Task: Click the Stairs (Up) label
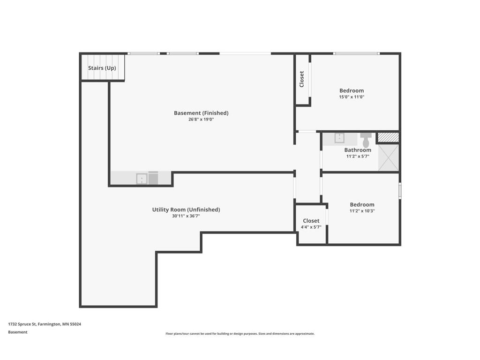[102, 68]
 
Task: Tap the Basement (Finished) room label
[201, 113]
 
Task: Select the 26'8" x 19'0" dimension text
[201, 120]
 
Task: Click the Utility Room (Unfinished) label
[186, 210]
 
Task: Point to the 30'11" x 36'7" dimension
[186, 216]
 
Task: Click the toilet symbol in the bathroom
[366, 139]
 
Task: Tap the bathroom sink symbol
[339, 138]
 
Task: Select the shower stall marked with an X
[388, 157]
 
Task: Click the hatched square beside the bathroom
[388, 137]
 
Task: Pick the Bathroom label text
[358, 150]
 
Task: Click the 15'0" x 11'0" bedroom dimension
[352, 97]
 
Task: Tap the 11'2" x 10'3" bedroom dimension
[362, 211]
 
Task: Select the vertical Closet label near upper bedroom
[302, 79]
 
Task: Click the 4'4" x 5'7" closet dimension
[311, 227]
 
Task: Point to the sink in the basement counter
[141, 179]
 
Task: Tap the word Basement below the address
[18, 332]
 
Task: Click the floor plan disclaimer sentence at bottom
[240, 334]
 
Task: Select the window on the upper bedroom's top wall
[356, 53]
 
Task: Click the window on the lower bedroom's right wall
[400, 191]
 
